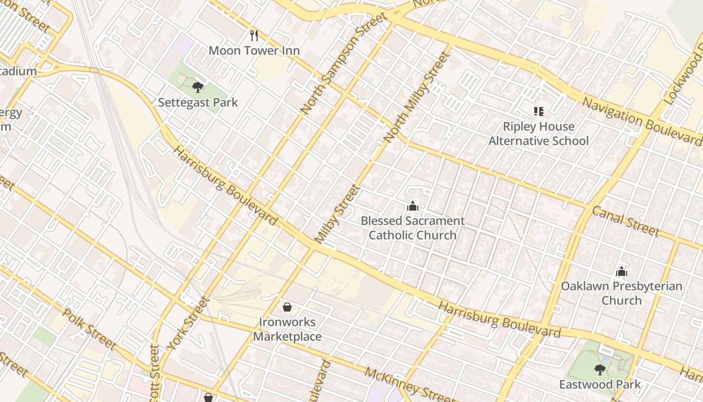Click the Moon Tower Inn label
pyautogui.click(x=254, y=50)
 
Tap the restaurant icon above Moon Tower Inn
pyautogui.click(x=254, y=35)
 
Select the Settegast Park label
pyautogui.click(x=198, y=103)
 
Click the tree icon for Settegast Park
pyautogui.click(x=198, y=87)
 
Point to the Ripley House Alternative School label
pyautogui.click(x=538, y=133)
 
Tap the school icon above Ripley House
pyautogui.click(x=539, y=111)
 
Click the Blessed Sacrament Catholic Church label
pyautogui.click(x=413, y=228)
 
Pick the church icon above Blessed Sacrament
pyautogui.click(x=413, y=206)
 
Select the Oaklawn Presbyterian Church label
pyautogui.click(x=622, y=293)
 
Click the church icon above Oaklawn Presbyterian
pyautogui.click(x=622, y=271)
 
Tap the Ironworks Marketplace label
pyautogui.click(x=287, y=329)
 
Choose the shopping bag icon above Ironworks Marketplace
pyautogui.click(x=287, y=307)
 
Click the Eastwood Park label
pyautogui.click(x=600, y=385)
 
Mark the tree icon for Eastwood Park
pyautogui.click(x=600, y=370)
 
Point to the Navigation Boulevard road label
pyautogui.click(x=642, y=121)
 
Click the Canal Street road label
pyautogui.click(x=625, y=221)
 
